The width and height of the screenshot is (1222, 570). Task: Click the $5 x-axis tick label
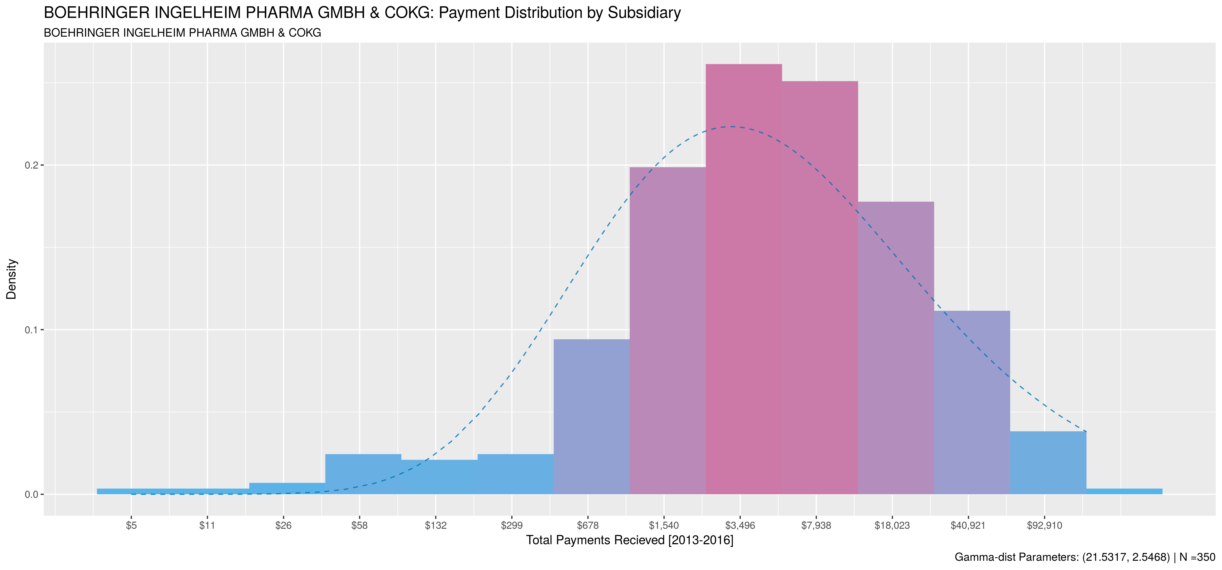pyautogui.click(x=131, y=526)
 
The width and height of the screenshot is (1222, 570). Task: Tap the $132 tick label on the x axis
pyautogui.click(x=436, y=526)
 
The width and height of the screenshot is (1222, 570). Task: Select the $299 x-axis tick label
pyautogui.click(x=511, y=526)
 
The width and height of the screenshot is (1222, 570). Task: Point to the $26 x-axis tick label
pyautogui.click(x=283, y=526)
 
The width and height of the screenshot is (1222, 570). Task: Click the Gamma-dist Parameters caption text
pyautogui.click(x=1084, y=557)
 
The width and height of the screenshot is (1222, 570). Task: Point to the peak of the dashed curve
pyautogui.click(x=732, y=126)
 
